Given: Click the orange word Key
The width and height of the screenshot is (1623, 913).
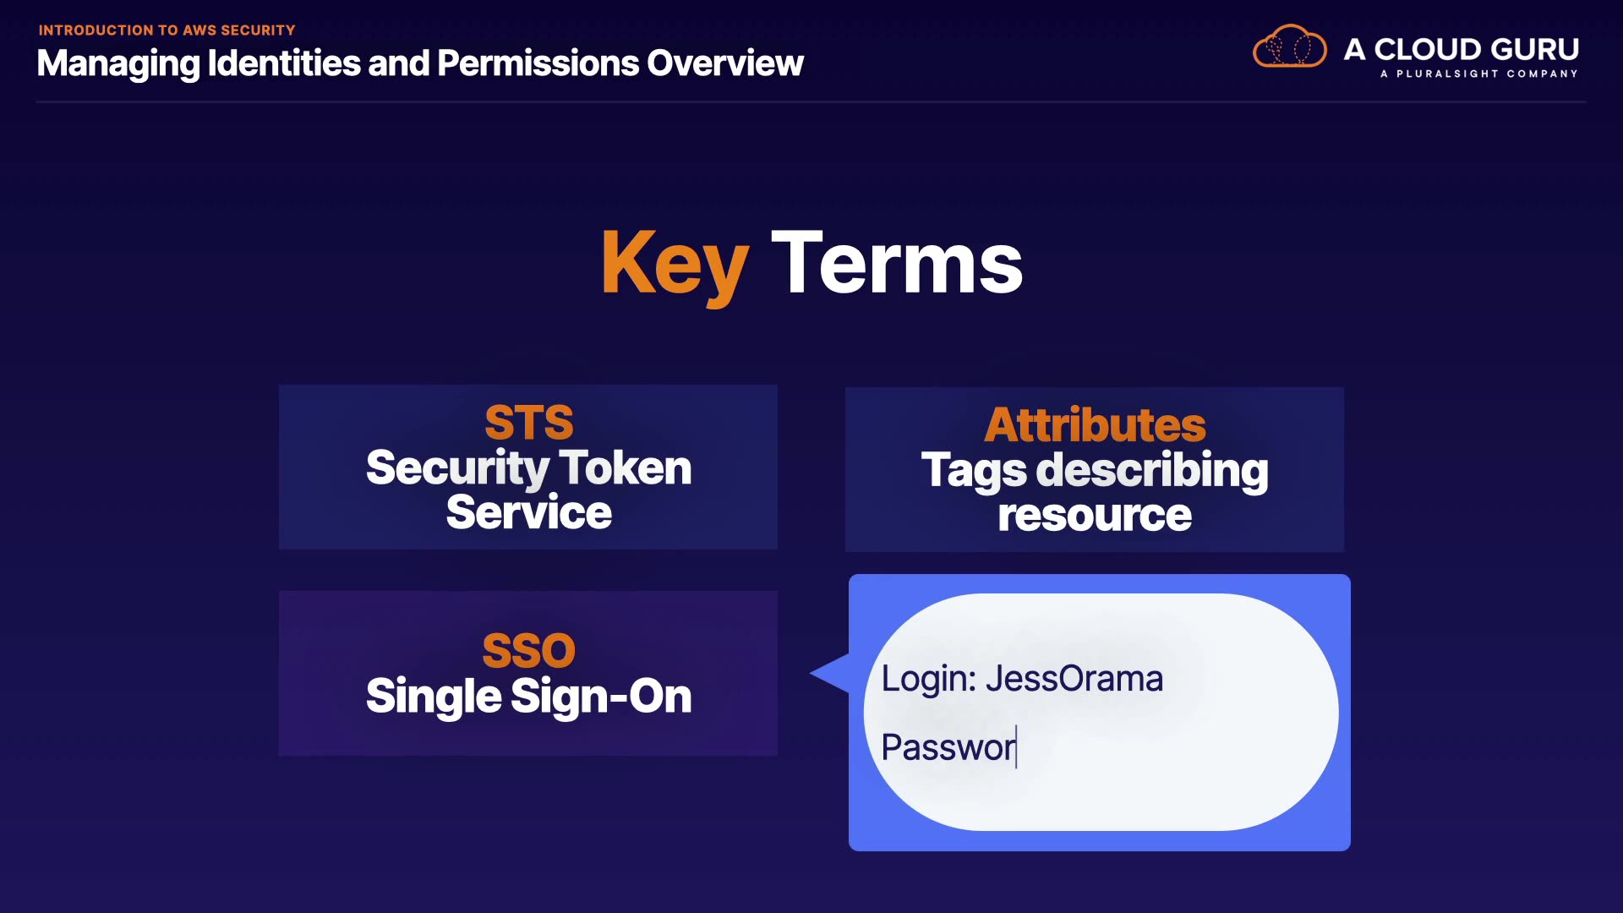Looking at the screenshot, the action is [675, 265].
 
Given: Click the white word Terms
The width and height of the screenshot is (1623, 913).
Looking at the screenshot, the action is [897, 263].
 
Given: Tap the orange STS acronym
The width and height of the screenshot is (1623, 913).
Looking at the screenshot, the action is [529, 423].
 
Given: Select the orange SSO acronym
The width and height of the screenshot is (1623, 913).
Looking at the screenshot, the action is [529, 651].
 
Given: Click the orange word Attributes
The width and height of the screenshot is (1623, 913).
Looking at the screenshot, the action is [1095, 424].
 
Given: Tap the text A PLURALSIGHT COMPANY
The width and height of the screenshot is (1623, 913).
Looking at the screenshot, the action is [1479, 74].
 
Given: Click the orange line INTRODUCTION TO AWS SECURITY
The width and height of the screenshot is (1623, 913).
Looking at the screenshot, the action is [167, 30].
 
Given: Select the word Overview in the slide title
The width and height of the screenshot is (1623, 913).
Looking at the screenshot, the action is [725, 63].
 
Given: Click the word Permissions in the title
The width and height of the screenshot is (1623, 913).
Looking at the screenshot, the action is [538, 63].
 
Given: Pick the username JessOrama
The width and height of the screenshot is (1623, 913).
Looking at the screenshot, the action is [1074, 679].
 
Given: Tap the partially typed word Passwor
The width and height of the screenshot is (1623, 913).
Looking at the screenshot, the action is [948, 747].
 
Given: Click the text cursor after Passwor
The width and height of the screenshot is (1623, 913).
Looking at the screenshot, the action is [1016, 747].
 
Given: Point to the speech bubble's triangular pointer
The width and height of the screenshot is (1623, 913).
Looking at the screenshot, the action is [830, 674].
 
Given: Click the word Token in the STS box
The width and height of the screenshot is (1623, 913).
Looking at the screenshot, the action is [626, 467].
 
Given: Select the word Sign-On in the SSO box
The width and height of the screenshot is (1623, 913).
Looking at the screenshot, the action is [602, 697].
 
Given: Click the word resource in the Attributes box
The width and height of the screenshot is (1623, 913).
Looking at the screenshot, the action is [1095, 515].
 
